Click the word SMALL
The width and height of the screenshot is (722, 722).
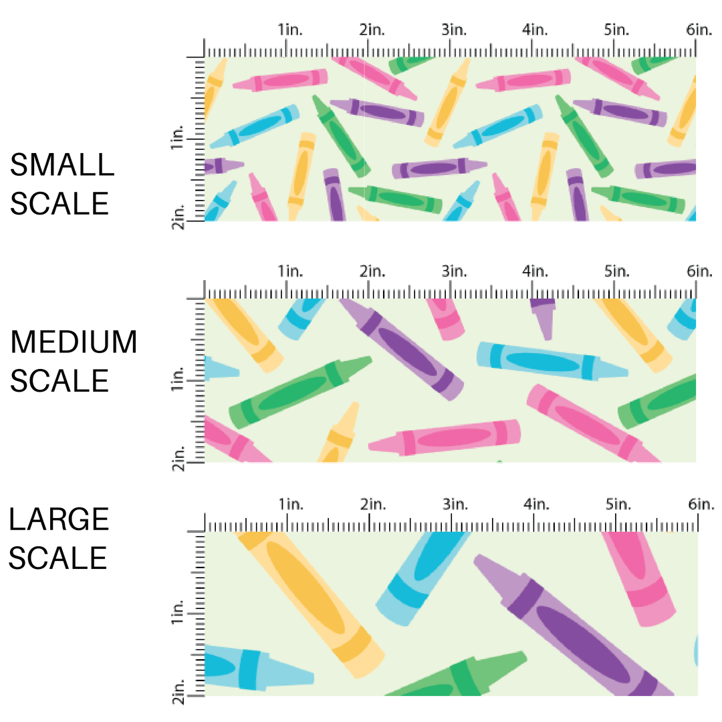pyautogui.click(x=62, y=165)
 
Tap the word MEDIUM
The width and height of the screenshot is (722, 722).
pyautogui.click(x=74, y=343)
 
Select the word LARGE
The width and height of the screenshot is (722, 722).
pyautogui.click(x=59, y=519)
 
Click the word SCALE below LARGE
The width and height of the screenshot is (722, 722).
pyautogui.click(x=59, y=558)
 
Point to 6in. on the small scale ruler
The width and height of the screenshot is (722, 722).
pyautogui.click(x=700, y=30)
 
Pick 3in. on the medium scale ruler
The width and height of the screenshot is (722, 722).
pyautogui.click(x=455, y=271)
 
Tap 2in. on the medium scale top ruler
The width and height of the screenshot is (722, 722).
pyautogui.click(x=372, y=271)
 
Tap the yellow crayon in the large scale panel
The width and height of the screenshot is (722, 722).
pyautogui.click(x=311, y=602)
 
